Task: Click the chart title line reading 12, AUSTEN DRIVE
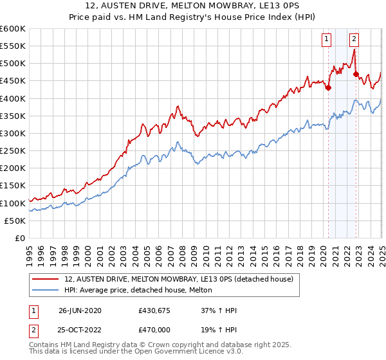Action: point(193,7)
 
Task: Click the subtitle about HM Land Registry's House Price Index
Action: point(193,18)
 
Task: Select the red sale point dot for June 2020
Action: point(328,88)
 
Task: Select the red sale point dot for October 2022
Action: point(356,74)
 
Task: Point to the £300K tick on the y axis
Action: point(13,133)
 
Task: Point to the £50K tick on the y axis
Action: point(15,221)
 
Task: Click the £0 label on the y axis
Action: point(19,238)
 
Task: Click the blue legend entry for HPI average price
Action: point(142,291)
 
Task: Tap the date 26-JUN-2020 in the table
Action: point(80,311)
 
